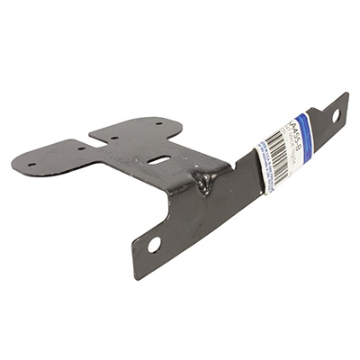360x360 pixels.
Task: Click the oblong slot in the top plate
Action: click(160, 160)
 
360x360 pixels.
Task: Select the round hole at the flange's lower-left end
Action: click(154, 243)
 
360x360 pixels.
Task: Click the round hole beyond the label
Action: click(336, 115)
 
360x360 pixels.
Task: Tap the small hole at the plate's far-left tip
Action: click(31, 165)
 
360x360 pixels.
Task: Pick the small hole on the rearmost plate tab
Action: click(157, 123)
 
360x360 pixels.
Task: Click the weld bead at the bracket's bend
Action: click(206, 184)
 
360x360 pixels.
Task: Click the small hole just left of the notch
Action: click(81, 148)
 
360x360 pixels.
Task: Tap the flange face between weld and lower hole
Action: click(184, 220)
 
